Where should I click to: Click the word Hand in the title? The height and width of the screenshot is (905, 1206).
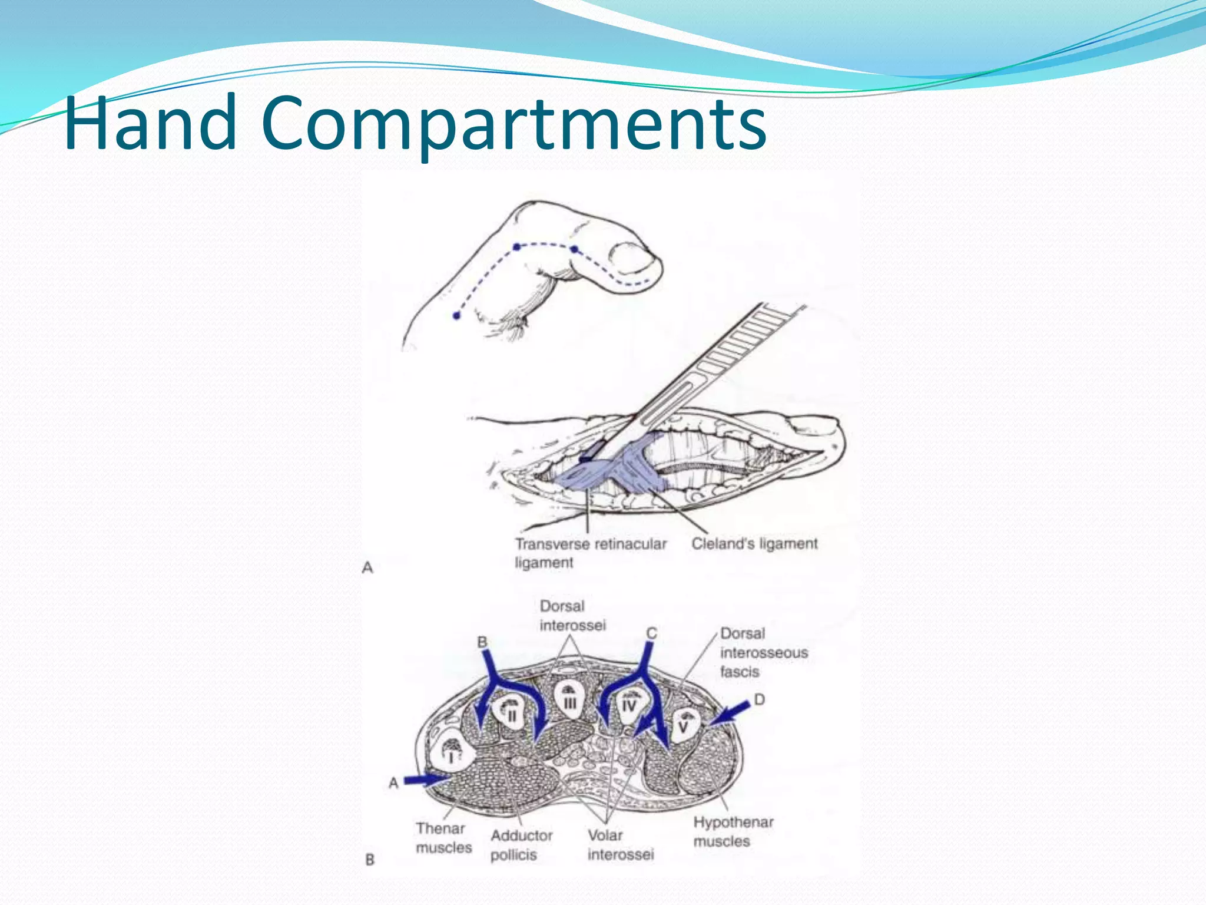click(x=150, y=124)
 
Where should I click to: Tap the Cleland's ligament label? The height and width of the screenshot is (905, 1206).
click(x=754, y=544)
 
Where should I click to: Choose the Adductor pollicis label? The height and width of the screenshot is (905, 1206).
click(x=521, y=845)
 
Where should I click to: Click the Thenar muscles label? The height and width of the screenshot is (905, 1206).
click(x=443, y=838)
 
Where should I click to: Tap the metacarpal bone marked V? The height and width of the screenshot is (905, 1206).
click(x=685, y=724)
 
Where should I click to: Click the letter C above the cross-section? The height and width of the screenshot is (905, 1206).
click(x=651, y=633)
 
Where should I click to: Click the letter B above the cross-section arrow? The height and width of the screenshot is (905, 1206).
click(x=482, y=642)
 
